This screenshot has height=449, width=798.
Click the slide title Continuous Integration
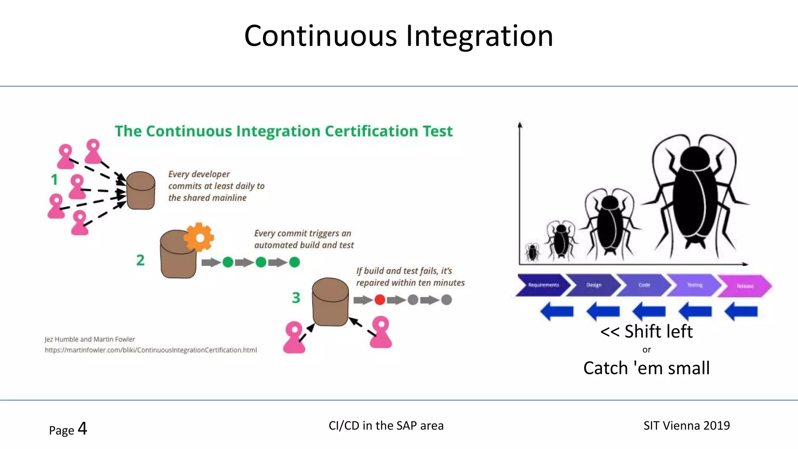click(399, 36)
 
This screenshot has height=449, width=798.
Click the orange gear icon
click(199, 237)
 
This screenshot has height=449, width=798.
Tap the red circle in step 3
click(380, 300)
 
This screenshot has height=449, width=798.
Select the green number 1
click(54, 180)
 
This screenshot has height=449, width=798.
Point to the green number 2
click(140, 260)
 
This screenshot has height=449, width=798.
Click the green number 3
click(296, 298)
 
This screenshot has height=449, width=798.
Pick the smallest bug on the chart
click(532, 252)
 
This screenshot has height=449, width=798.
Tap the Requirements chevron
click(543, 285)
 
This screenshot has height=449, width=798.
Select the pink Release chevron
click(745, 286)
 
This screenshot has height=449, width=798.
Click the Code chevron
click(644, 285)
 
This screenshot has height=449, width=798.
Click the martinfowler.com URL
click(151, 350)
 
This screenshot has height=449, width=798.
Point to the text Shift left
click(647, 332)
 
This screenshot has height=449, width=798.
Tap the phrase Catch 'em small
click(646, 368)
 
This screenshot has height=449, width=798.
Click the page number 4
click(82, 429)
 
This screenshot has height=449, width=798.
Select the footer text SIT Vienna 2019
click(687, 426)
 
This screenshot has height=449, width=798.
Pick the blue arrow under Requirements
click(557, 311)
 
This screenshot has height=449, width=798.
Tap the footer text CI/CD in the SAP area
click(386, 426)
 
